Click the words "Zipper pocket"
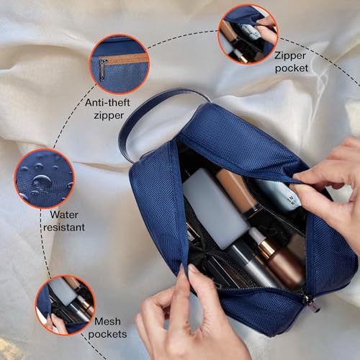[291, 61]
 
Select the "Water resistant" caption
[67, 221]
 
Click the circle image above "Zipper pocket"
[247, 33]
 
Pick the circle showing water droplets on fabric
[44, 178]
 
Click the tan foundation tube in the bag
[237, 191]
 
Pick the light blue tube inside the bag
[278, 194]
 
